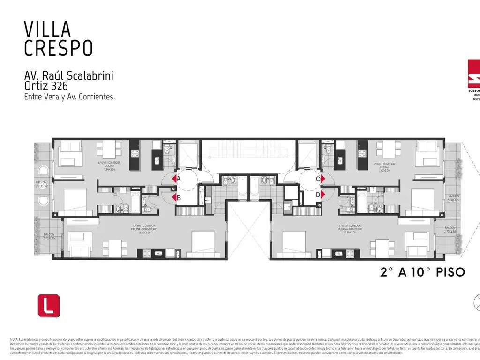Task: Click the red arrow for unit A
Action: click(x=174, y=179)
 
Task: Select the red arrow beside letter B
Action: click(x=174, y=197)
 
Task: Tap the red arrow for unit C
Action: click(x=323, y=179)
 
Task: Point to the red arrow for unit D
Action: click(x=323, y=195)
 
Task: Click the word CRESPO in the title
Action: click(x=58, y=48)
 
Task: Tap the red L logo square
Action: click(x=49, y=305)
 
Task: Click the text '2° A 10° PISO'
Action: click(x=422, y=272)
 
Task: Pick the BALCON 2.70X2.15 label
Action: click(x=49, y=236)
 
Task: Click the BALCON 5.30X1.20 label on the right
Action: click(x=453, y=198)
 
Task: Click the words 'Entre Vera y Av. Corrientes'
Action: click(x=69, y=97)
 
